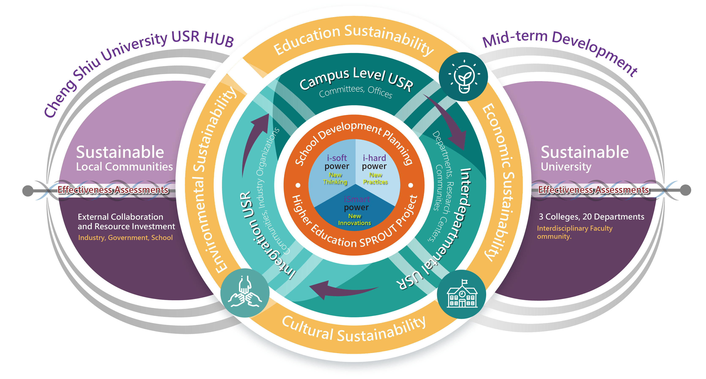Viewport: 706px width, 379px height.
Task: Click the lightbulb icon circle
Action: tap(463, 77)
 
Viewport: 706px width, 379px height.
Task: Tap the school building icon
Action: tap(462, 294)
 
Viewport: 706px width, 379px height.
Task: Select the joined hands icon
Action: tap(245, 293)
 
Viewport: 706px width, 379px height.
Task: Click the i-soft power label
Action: tap(337, 162)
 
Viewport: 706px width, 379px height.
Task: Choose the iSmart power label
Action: tap(356, 203)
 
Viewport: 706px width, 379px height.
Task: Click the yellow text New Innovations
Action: tap(354, 219)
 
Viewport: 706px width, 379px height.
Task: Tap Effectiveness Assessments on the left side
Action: tap(113, 190)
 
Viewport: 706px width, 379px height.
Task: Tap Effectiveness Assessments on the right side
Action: tap(593, 190)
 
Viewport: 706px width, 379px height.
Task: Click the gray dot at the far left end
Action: tap(28, 191)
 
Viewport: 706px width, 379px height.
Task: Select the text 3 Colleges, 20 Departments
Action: tap(592, 217)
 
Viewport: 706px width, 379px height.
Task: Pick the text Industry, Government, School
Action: tap(125, 237)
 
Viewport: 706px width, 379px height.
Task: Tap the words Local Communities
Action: tap(124, 167)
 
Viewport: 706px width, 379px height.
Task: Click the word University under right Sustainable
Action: tap(566, 167)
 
